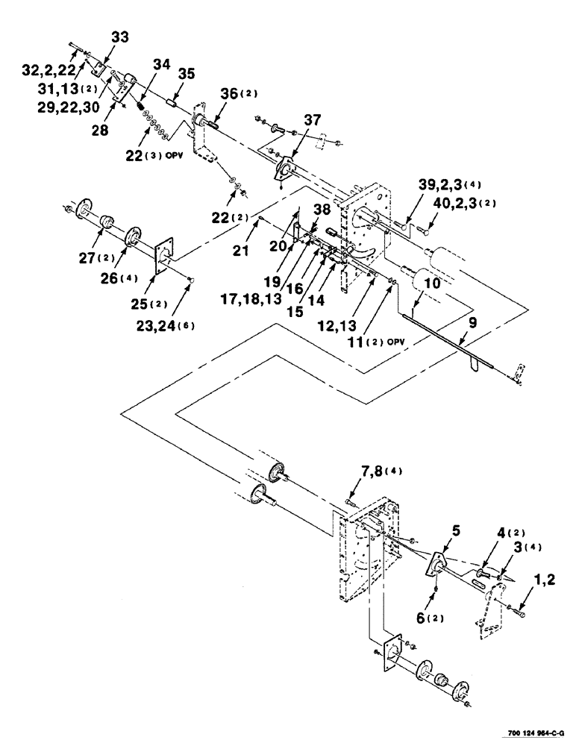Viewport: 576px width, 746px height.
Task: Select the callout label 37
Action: click(313, 121)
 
